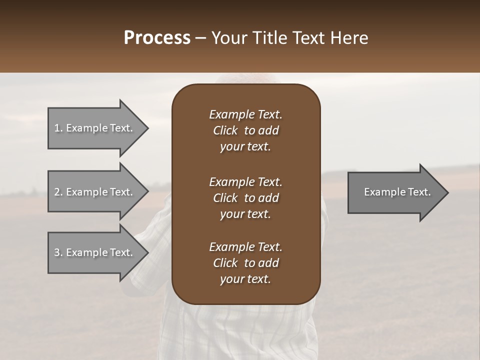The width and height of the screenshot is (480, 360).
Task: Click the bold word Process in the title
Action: click(x=157, y=38)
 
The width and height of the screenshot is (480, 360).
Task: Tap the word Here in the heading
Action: click(x=348, y=38)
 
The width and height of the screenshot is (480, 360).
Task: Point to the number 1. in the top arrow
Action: click(x=58, y=128)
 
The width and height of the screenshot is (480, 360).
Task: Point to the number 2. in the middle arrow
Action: click(x=58, y=192)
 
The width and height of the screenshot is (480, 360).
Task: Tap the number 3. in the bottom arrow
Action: click(x=58, y=252)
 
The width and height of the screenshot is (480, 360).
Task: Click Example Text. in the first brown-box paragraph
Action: click(x=245, y=114)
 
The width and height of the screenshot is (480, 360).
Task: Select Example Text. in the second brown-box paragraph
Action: click(x=245, y=181)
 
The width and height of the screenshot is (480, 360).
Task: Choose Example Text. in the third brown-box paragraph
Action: click(x=245, y=247)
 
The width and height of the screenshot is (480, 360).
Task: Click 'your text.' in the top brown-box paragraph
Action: click(x=245, y=147)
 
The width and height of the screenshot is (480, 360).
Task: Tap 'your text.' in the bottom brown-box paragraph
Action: click(x=245, y=279)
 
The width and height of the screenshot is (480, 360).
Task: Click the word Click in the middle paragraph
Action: click(x=225, y=198)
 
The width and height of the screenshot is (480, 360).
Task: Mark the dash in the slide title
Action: click(x=200, y=38)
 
